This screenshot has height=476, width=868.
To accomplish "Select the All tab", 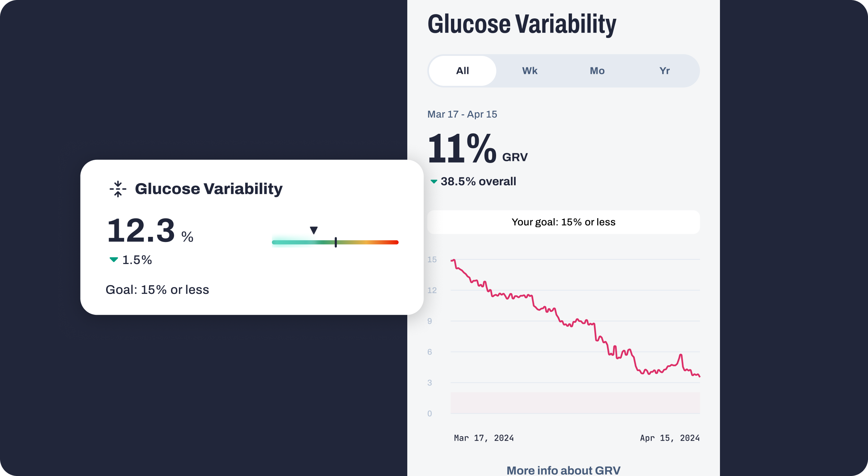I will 463,71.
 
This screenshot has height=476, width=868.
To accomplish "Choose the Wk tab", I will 530,71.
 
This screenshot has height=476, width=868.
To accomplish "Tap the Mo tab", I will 597,71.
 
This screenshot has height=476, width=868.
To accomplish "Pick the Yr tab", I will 664,71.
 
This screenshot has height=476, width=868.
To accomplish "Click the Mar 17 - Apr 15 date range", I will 462,114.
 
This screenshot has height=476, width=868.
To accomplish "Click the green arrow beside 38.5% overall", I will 434,181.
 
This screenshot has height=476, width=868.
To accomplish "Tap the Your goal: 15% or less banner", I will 563,222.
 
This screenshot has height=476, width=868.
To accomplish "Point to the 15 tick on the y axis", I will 432,260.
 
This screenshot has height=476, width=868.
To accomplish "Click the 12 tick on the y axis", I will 432,290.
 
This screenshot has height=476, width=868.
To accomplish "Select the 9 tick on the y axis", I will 430,321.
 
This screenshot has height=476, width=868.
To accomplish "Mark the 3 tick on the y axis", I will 430,383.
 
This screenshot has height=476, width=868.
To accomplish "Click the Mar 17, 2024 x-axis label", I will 484,438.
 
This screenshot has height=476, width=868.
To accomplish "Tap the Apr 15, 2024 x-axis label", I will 670,438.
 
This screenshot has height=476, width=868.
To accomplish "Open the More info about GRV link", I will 563,470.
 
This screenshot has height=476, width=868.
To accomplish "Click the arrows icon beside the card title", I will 118,189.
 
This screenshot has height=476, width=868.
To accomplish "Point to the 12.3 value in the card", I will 141,231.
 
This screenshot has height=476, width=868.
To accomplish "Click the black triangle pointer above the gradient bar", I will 314,230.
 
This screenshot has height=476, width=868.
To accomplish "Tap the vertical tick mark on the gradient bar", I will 336,242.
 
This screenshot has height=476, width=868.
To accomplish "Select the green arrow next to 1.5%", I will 114,260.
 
